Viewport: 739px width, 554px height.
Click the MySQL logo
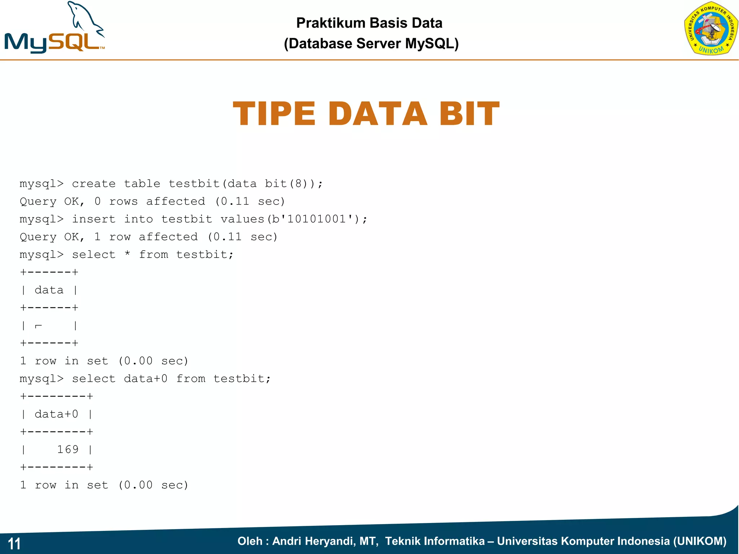[x=54, y=29]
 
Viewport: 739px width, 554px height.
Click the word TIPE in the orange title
[x=274, y=114]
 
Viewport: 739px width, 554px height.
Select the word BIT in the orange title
[x=469, y=114]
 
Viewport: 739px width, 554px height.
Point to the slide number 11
[x=14, y=544]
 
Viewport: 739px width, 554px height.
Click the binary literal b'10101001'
[x=312, y=219]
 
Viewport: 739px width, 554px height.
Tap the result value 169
[x=68, y=449]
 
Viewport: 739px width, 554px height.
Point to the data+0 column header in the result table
[x=56, y=414]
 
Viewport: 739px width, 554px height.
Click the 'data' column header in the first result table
[x=49, y=290]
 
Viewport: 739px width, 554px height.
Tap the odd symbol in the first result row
[x=38, y=326]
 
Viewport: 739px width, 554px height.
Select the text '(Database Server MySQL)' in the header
[x=371, y=44]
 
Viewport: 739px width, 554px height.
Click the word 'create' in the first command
[x=94, y=184]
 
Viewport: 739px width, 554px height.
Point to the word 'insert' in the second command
[x=94, y=219]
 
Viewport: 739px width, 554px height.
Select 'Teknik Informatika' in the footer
[x=435, y=541]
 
